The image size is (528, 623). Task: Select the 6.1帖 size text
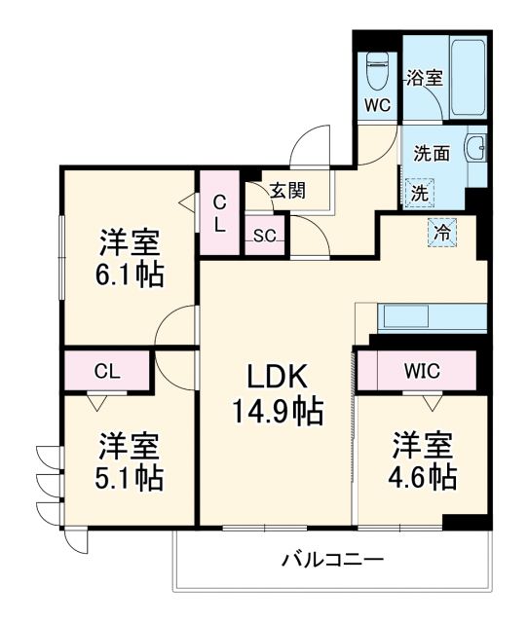pos(130,274)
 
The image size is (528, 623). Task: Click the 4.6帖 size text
pos(424,477)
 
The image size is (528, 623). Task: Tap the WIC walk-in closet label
pos(421,370)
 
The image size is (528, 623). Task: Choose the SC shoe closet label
pos(264,235)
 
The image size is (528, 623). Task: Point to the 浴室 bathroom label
pos(425,77)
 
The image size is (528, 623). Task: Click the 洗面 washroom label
pos(431,153)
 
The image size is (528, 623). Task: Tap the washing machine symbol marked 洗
pos(418,192)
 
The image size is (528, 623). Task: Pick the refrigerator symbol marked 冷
pos(441,233)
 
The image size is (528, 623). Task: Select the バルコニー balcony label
pos(332,560)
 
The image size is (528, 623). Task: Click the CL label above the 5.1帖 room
pos(107,370)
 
